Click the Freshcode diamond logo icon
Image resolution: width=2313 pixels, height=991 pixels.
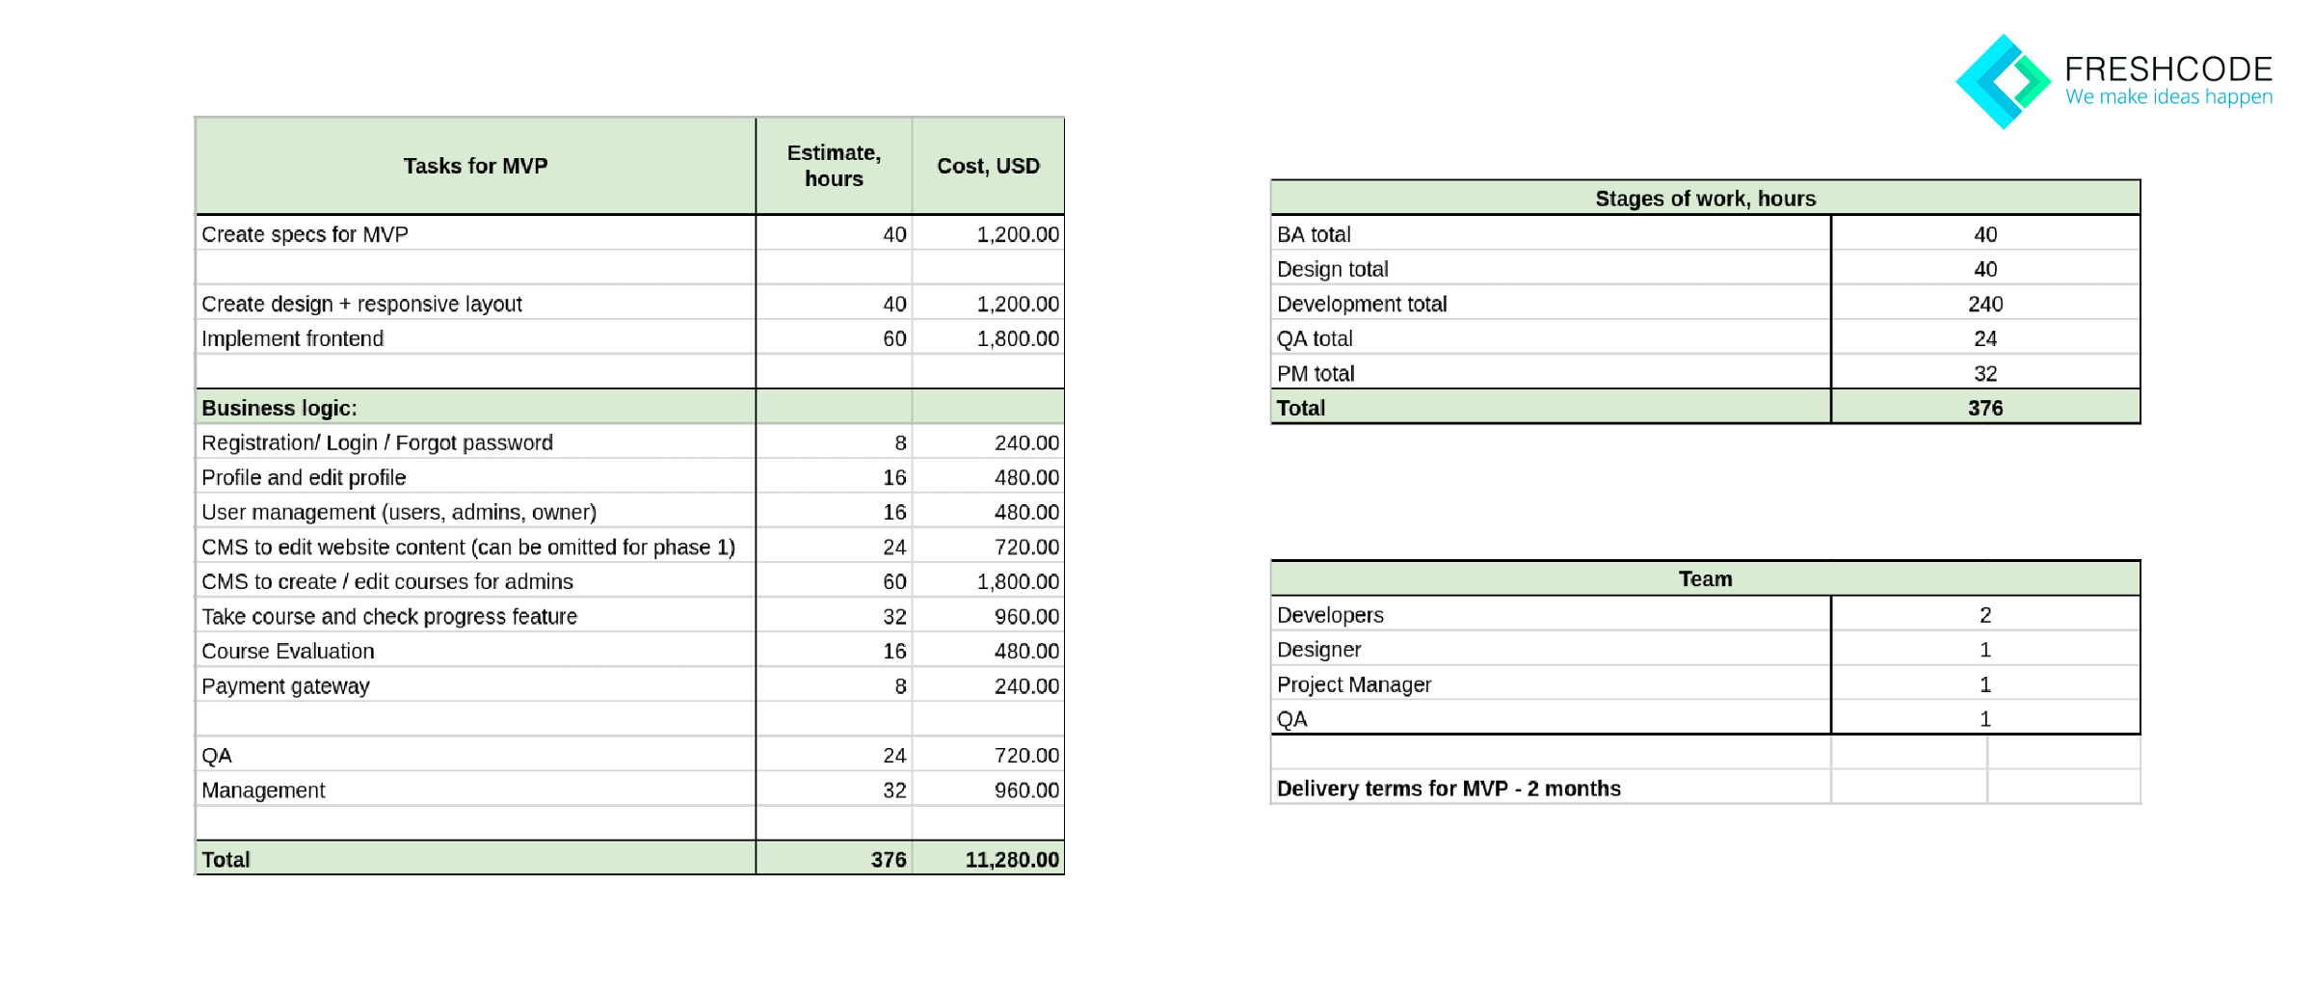2003,82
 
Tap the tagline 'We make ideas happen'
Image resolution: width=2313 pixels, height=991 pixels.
2168,97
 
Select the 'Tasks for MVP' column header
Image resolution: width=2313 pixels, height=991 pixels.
475,166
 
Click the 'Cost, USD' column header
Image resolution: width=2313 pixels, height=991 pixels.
988,166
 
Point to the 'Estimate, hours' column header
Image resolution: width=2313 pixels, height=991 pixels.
834,166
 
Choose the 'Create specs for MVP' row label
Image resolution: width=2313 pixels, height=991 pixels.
305,234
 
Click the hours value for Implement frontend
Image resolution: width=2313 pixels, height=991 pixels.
894,338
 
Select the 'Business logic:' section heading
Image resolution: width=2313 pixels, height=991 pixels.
279,408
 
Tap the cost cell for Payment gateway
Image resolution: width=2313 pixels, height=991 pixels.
1026,685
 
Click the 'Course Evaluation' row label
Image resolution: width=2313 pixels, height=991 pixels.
287,651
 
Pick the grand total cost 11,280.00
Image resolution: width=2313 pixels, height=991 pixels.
1011,859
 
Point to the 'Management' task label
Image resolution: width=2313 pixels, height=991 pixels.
263,790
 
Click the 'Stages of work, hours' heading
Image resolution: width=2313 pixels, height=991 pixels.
1705,198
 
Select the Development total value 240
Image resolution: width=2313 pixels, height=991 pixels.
1984,304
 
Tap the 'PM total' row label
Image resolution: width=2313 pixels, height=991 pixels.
1316,373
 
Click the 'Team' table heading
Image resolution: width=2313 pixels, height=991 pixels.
1705,578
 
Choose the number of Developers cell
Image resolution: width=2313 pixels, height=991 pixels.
1984,615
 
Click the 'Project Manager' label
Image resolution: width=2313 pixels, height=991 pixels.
1354,684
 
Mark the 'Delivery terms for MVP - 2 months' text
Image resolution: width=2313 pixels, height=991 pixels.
1449,789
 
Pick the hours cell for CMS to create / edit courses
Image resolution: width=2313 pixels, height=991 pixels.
894,581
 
